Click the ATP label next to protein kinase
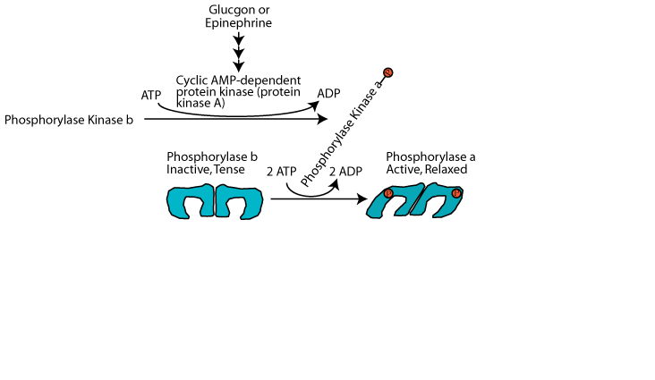pyautogui.click(x=151, y=95)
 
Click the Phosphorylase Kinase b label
pyautogui.click(x=69, y=119)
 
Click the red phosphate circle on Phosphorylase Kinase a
pyautogui.click(x=388, y=72)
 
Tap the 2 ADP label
pyautogui.click(x=345, y=170)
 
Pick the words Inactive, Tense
pyautogui.click(x=206, y=169)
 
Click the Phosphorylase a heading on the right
pyautogui.click(x=426, y=156)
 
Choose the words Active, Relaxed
pyautogui.click(x=427, y=169)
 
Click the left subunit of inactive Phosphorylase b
pyautogui.click(x=191, y=203)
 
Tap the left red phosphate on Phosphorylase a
pyautogui.click(x=388, y=194)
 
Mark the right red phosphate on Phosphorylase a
pyautogui.click(x=456, y=193)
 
